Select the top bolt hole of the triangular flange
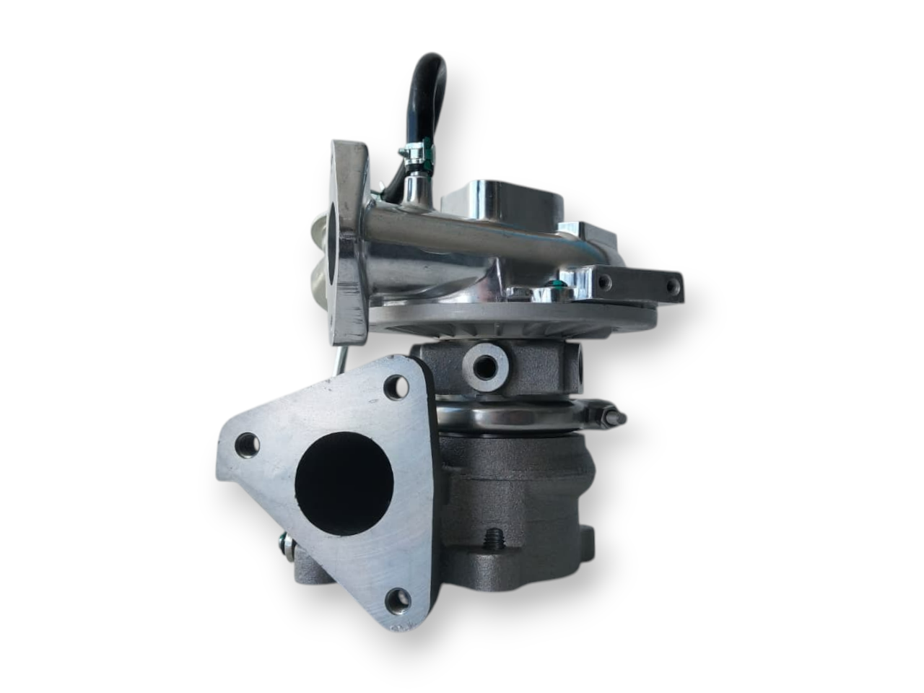[396, 388]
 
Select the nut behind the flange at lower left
[287, 543]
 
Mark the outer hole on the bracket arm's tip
[672, 286]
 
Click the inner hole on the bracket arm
[603, 281]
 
